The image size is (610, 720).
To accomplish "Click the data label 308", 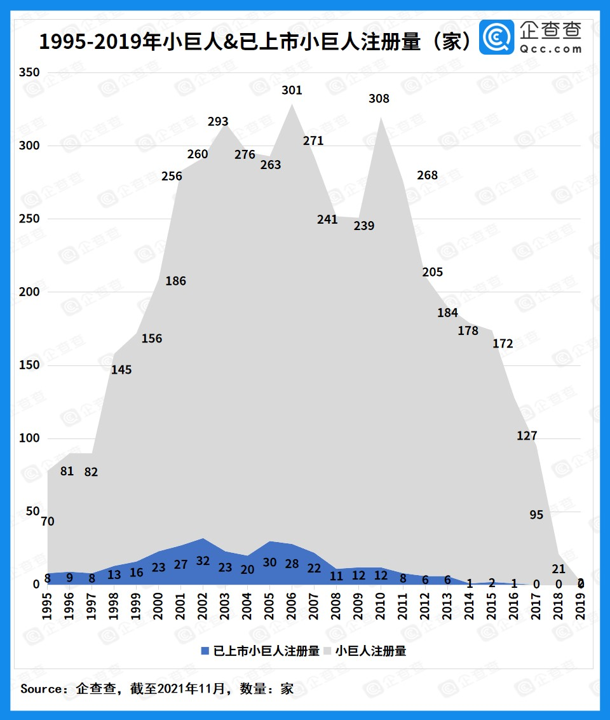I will click(x=379, y=98).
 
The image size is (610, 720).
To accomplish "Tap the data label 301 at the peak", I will click(x=292, y=90).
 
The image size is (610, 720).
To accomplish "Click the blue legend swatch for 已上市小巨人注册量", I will click(x=205, y=651).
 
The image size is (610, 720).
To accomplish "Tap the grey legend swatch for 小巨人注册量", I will click(x=328, y=651).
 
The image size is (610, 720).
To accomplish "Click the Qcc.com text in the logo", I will click(x=550, y=48).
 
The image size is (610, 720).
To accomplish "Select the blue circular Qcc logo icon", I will click(x=496, y=37).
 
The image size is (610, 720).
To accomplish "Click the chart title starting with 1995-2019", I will click(x=254, y=42).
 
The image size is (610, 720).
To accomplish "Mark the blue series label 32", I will click(x=203, y=561).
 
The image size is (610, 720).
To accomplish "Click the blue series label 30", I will click(x=270, y=562).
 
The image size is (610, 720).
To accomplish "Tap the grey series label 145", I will click(x=121, y=369).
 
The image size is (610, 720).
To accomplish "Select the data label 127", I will click(x=527, y=436).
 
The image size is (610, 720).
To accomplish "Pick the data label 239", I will click(x=364, y=226).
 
